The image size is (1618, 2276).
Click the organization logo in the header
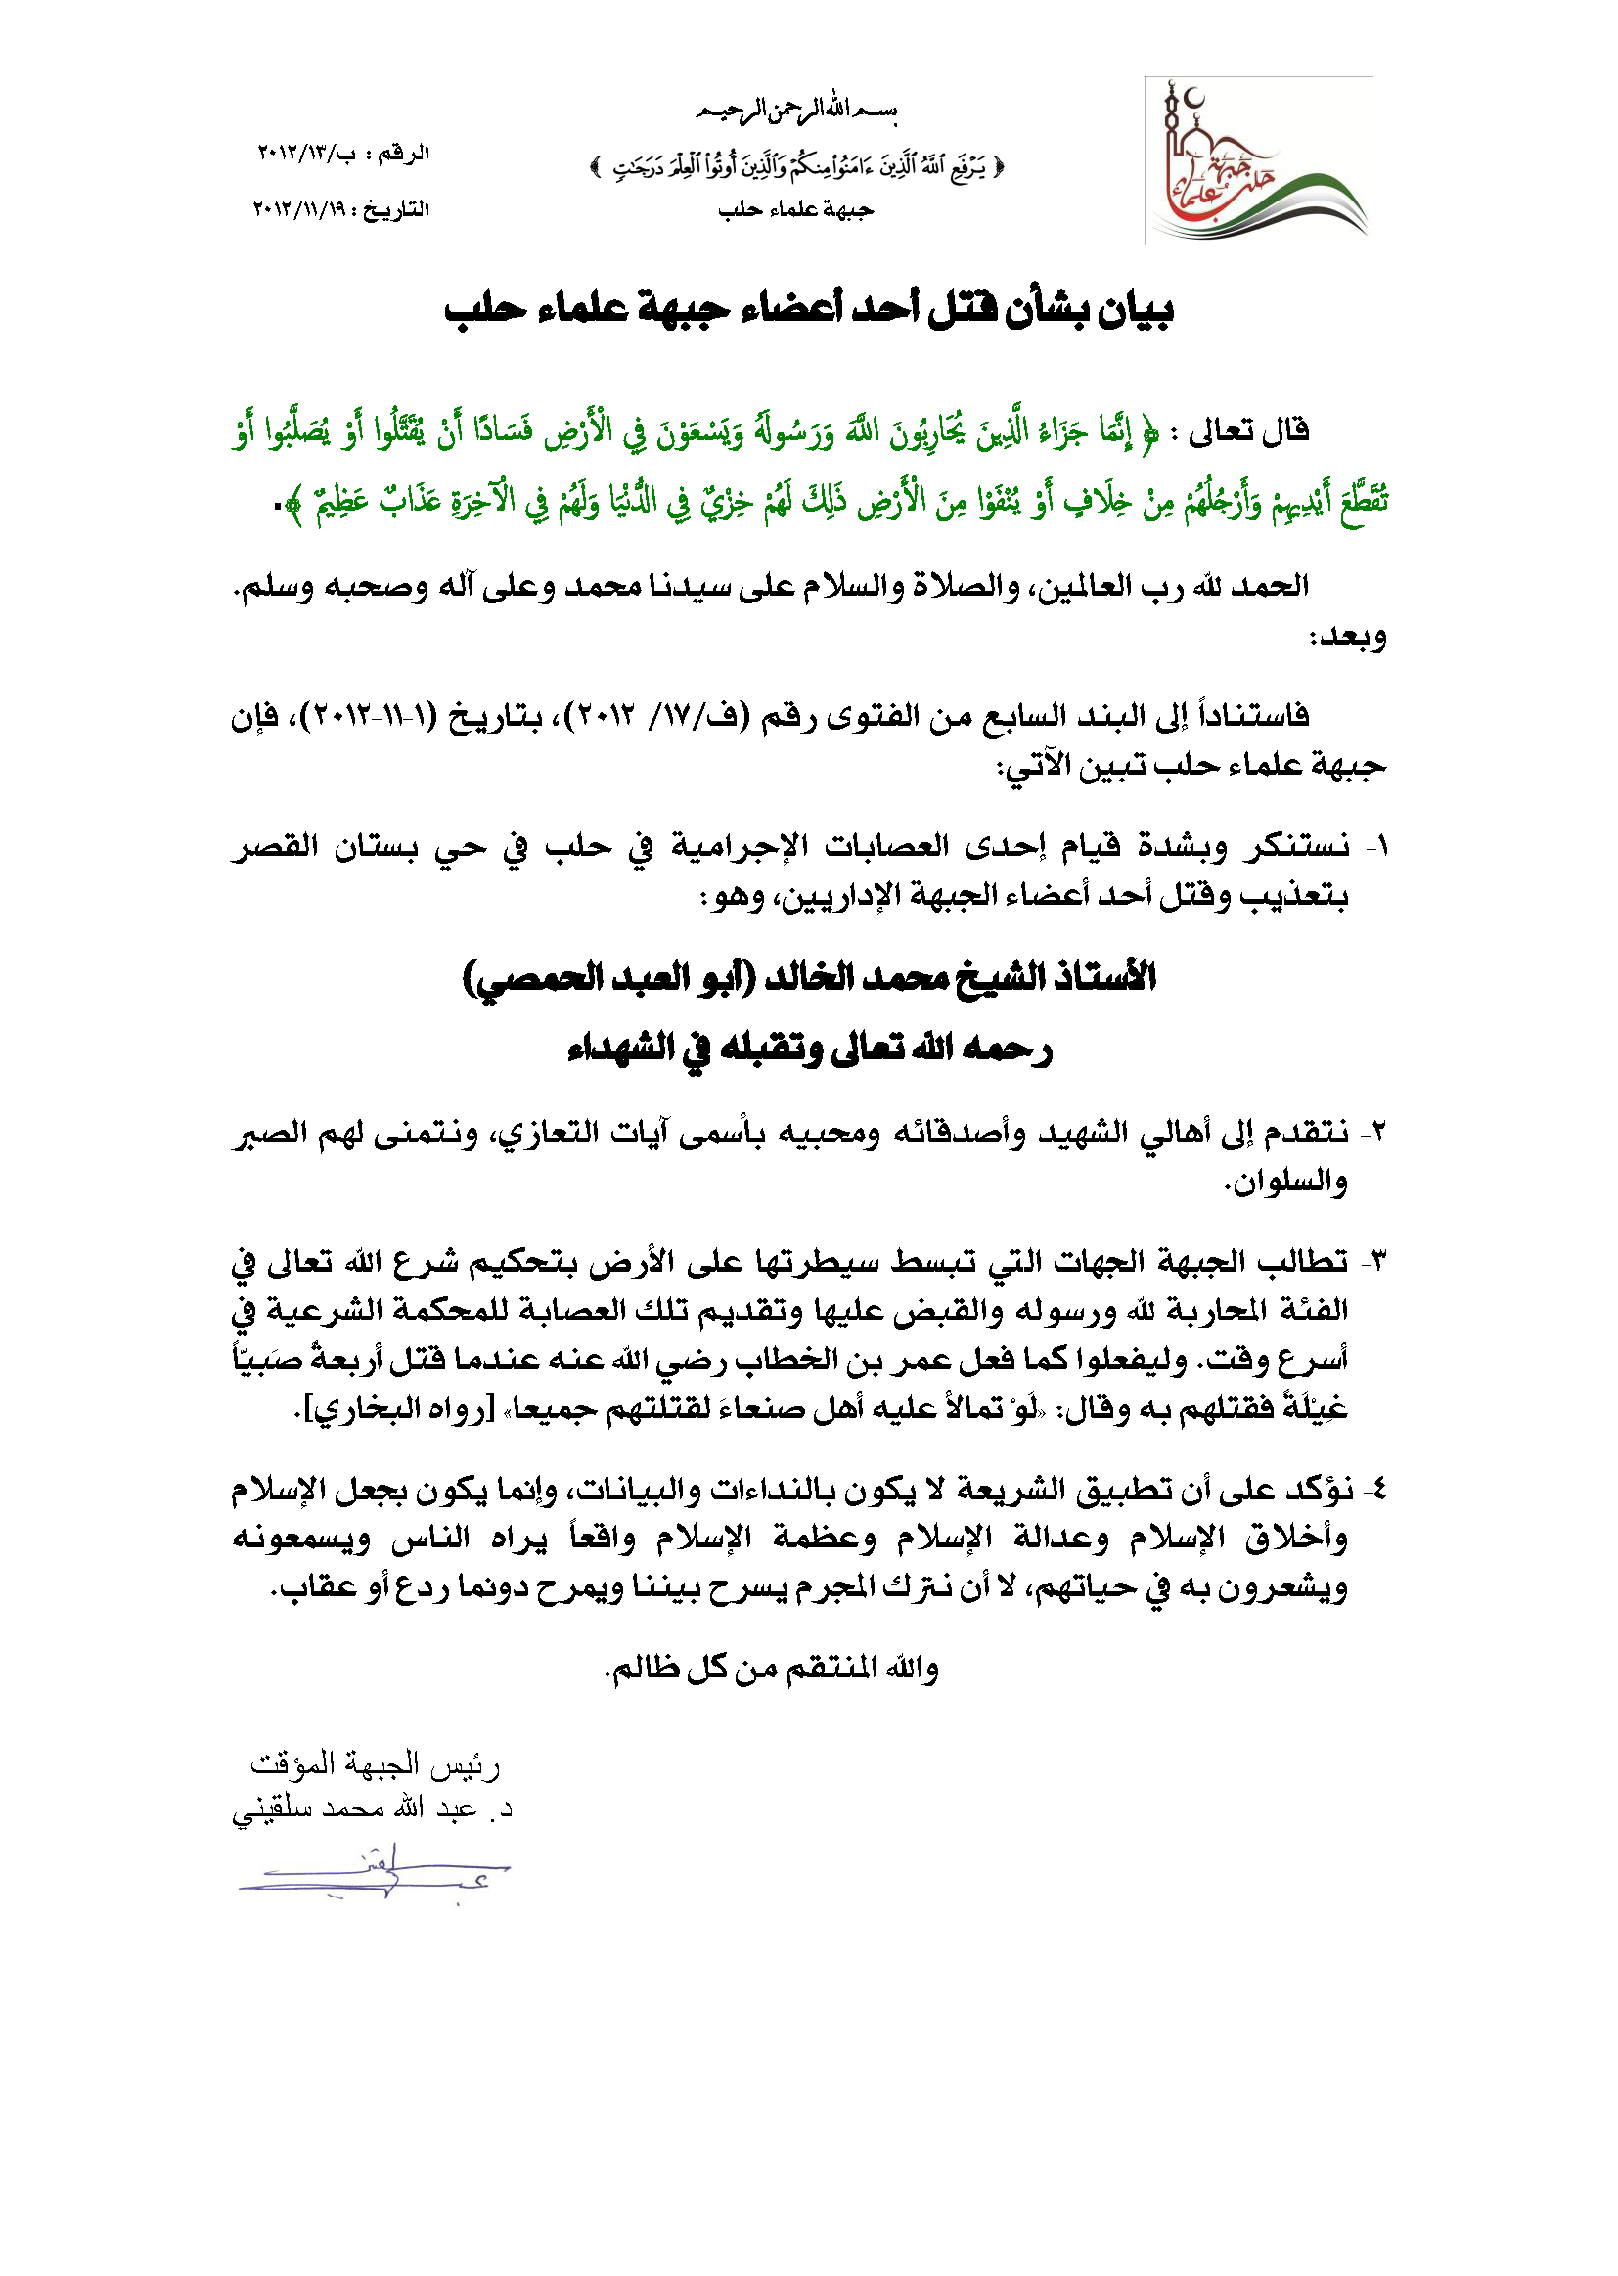point(1258,160)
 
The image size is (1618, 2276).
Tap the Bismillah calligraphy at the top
point(796,111)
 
